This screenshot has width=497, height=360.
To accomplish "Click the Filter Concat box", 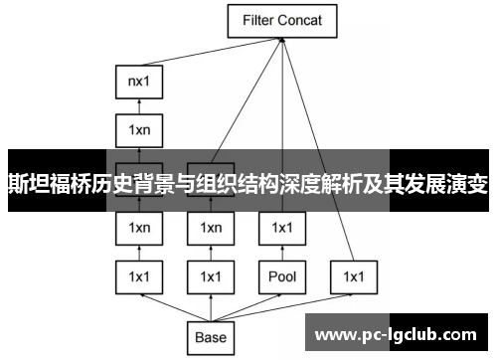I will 281,20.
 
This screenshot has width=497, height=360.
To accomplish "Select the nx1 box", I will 138,82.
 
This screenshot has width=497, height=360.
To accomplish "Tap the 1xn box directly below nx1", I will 138,128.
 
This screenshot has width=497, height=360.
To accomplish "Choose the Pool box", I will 281,275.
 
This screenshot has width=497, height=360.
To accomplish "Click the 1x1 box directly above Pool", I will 281,228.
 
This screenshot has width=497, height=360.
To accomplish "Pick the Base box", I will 210,337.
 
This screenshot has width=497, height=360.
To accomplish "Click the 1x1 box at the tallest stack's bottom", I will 138,275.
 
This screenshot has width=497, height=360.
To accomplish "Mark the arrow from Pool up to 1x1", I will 281,252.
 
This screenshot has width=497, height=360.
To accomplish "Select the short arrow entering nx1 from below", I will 138,105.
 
